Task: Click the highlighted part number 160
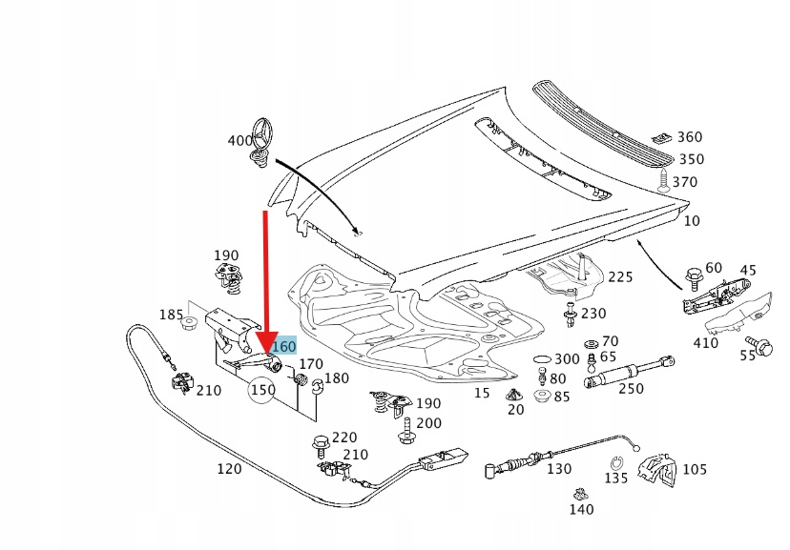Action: pyautogui.click(x=284, y=347)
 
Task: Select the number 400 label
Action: pyautogui.click(x=240, y=141)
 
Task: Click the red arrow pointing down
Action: pyautogui.click(x=266, y=286)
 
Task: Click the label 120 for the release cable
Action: pyautogui.click(x=229, y=469)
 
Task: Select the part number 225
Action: pyautogui.click(x=620, y=277)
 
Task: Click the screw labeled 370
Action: pyautogui.click(x=660, y=180)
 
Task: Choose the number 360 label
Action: pyautogui.click(x=689, y=137)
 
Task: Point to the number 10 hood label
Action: pyautogui.click(x=692, y=220)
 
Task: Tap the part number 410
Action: pyautogui.click(x=706, y=343)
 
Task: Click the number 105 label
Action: pyautogui.click(x=695, y=469)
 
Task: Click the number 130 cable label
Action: pyautogui.click(x=559, y=469)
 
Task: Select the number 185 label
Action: pyautogui.click(x=171, y=315)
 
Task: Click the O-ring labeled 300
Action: pyautogui.click(x=541, y=358)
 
